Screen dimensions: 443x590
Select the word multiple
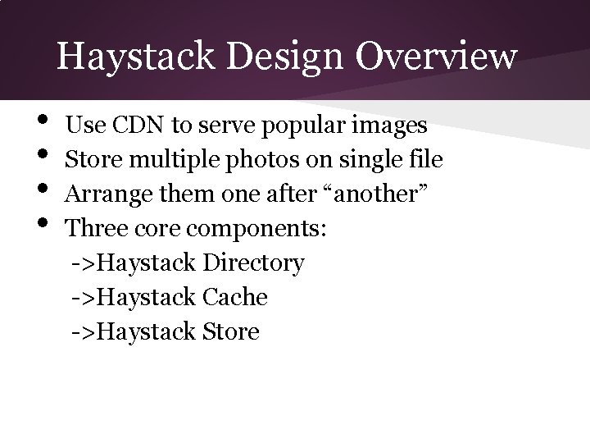point(163,160)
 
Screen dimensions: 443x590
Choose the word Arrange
point(104,194)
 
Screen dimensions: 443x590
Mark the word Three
point(93,229)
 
